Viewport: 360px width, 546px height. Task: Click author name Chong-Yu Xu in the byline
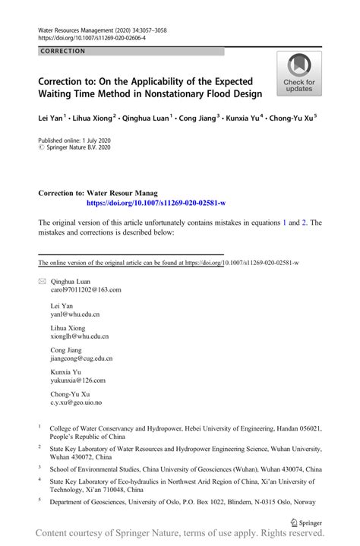[x=291, y=118]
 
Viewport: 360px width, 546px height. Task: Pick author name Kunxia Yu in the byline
[x=242, y=118]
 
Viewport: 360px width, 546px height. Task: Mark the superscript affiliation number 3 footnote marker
[x=39, y=468]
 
